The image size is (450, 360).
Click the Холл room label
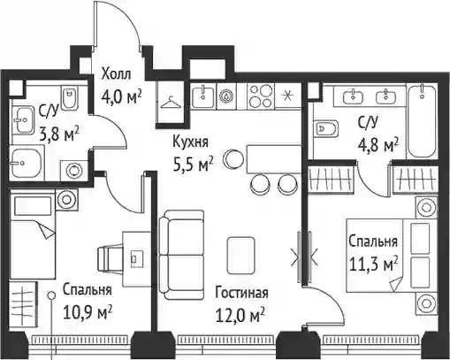[x=116, y=74]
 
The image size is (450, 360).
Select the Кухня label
[x=190, y=142]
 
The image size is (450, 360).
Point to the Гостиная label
[x=241, y=293]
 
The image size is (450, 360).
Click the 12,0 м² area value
[x=240, y=315]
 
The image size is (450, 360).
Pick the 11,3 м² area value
[x=373, y=264]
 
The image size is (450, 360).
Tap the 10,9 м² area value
[x=88, y=313]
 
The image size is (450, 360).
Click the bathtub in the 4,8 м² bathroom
[x=422, y=121]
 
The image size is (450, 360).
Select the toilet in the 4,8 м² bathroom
[x=325, y=129]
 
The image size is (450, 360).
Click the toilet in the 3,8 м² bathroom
[x=70, y=97]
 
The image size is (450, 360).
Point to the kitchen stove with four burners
[x=260, y=96]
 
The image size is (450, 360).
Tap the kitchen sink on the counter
[x=202, y=96]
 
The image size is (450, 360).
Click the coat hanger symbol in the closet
[x=170, y=102]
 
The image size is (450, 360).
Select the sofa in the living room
[x=181, y=255]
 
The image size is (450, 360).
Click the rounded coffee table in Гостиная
[x=240, y=256]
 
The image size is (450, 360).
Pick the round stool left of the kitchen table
[x=233, y=158]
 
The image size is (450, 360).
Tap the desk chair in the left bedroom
[x=110, y=259]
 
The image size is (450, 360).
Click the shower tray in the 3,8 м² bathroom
[x=26, y=162]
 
